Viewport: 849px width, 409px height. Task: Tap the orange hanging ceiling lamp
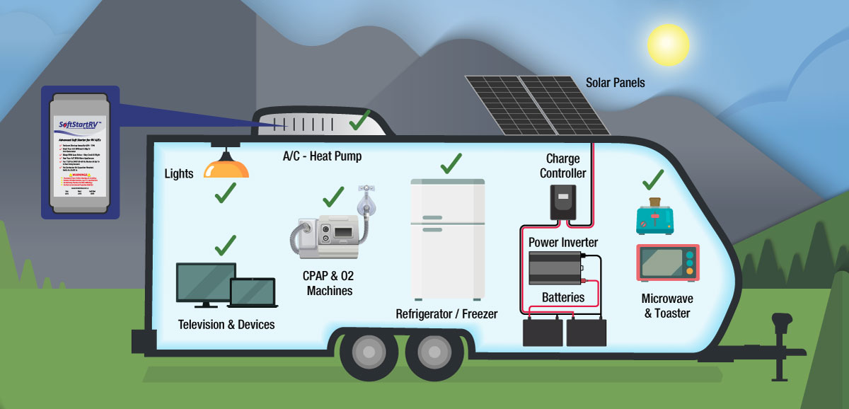tap(226, 167)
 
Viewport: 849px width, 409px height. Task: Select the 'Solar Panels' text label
tap(615, 83)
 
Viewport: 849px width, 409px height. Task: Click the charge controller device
tap(564, 201)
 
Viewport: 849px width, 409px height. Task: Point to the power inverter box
tap(555, 267)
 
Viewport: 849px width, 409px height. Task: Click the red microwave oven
tap(667, 263)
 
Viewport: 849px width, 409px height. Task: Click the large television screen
tap(206, 284)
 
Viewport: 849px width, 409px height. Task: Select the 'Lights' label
tap(178, 173)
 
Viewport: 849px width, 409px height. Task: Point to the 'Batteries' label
tap(563, 297)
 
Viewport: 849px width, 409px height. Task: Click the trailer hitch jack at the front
tap(782, 332)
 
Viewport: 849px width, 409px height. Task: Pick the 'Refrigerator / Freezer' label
tap(446, 313)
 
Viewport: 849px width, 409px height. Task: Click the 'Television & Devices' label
tap(226, 325)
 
